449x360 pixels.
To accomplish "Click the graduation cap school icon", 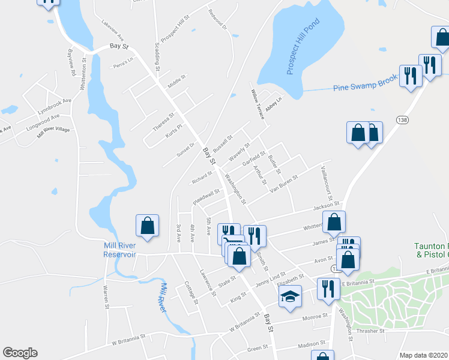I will click(x=290, y=296).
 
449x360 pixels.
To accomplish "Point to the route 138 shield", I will click(x=403, y=120).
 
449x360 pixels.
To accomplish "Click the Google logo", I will click(x=20, y=353).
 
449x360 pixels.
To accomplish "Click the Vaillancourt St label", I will click(x=328, y=183).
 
